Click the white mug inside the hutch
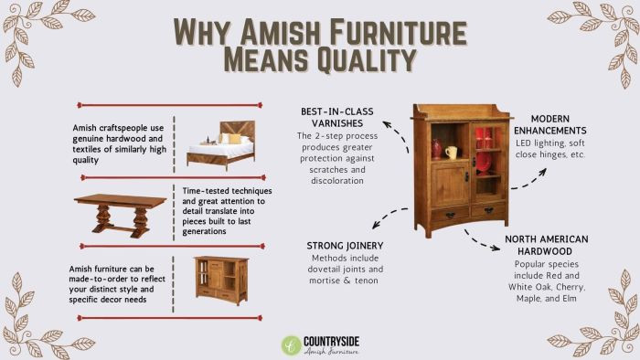[x=450, y=152]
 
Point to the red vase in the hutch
[x=436, y=147]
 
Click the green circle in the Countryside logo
[x=291, y=345]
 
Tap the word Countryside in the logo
[x=333, y=341]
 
